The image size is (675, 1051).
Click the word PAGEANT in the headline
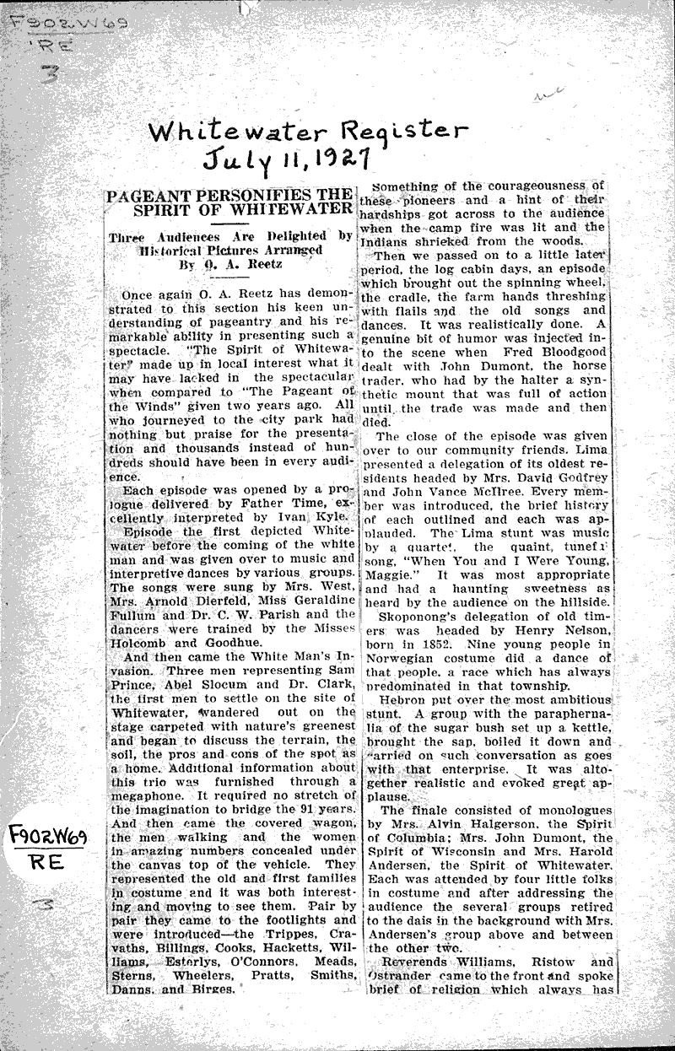tap(147, 194)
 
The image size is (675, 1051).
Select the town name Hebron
tap(406, 701)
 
